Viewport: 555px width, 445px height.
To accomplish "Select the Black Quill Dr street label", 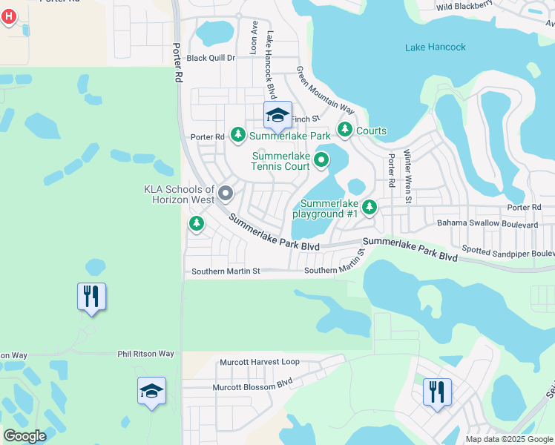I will click(x=211, y=58).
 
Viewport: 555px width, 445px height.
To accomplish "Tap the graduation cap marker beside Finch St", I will click(x=278, y=116).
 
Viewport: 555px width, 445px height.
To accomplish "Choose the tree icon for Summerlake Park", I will click(x=238, y=135).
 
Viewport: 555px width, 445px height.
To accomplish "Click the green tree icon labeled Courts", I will click(x=345, y=131).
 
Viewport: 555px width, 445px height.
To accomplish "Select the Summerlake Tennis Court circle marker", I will click(x=321, y=159).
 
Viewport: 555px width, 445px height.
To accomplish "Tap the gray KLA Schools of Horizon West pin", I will click(x=226, y=194).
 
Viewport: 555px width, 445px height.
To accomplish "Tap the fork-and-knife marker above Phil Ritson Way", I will click(x=91, y=297).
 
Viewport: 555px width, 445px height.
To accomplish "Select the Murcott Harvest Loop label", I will click(x=259, y=363).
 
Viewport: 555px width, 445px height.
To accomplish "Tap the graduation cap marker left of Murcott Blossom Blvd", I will click(x=151, y=391).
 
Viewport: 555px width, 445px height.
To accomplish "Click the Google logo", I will click(x=25, y=436).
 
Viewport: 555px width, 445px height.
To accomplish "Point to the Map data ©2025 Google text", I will click(x=509, y=439).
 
